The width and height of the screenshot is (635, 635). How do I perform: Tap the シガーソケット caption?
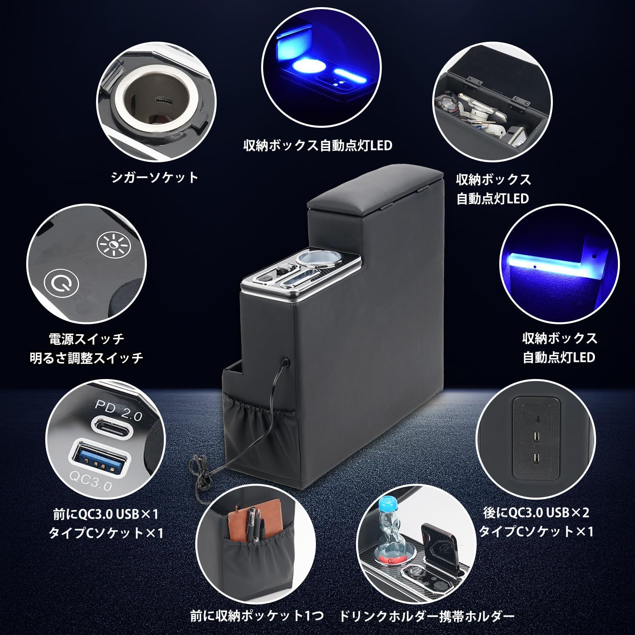click(154, 177)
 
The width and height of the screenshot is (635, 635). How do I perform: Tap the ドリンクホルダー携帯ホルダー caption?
click(427, 616)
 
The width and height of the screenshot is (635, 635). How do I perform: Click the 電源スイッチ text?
click(86, 339)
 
